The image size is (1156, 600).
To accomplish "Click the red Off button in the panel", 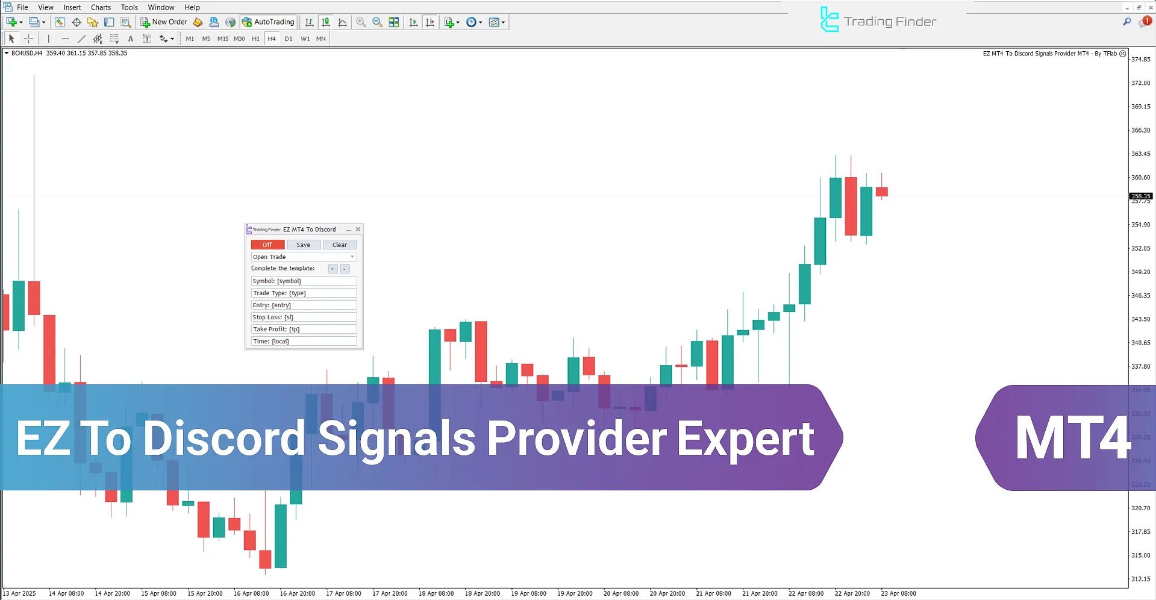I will tap(267, 245).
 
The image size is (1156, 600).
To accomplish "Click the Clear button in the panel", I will tap(340, 245).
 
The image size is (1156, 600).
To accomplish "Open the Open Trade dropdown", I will tap(304, 257).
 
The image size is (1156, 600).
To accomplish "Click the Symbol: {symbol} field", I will tap(304, 281).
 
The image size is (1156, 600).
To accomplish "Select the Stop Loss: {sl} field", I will tap(304, 317).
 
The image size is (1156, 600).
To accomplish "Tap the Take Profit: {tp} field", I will tap(304, 329).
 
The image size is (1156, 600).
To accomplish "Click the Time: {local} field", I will tap(304, 341).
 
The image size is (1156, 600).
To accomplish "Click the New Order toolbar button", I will tap(164, 22).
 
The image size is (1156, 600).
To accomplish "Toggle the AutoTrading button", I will tap(268, 22).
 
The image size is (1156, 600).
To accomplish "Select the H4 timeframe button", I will tap(272, 39).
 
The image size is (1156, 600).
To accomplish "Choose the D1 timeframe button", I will tap(289, 39).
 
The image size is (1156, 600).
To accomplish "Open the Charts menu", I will tap(101, 7).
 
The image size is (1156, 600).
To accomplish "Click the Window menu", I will tap(161, 7).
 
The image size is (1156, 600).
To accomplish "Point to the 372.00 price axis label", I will tap(1140, 83).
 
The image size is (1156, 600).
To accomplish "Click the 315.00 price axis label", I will tap(1140, 555).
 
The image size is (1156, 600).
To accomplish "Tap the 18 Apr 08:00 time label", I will tap(436, 593).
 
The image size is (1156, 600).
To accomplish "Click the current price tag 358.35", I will tap(1140, 196).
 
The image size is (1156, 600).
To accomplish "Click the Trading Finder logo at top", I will tap(878, 21).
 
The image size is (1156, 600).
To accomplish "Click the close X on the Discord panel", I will tap(358, 230).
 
